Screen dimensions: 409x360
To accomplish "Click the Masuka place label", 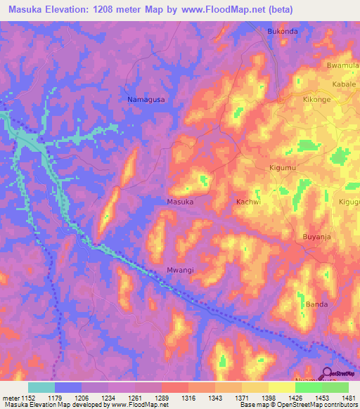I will (180, 202).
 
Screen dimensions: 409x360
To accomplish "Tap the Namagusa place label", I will (146, 100).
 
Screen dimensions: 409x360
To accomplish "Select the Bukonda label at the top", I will (283, 32).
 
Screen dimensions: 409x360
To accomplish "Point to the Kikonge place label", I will (316, 100).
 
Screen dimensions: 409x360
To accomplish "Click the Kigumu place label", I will (285, 168).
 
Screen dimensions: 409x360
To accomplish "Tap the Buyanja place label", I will (316, 236).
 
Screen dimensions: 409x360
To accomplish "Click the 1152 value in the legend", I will (27, 398).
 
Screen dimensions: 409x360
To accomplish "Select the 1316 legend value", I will (188, 398).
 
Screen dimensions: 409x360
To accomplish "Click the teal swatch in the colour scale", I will (41, 387).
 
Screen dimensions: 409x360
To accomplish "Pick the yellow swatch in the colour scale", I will (281, 387).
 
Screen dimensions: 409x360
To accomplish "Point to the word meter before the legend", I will (9, 398).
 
